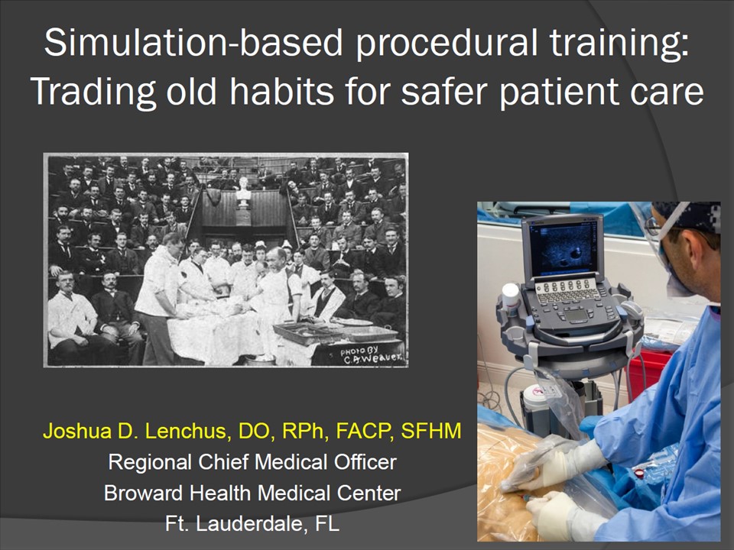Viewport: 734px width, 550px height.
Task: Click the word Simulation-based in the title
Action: point(193,43)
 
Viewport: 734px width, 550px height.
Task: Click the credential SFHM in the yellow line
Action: point(430,431)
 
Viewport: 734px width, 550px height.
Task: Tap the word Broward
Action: point(143,493)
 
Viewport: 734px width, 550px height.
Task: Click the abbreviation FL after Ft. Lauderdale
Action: point(327,523)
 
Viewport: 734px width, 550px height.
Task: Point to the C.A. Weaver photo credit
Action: point(372,355)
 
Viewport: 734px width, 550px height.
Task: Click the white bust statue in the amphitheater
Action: point(243,192)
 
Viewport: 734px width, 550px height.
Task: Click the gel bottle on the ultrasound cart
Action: point(510,299)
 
